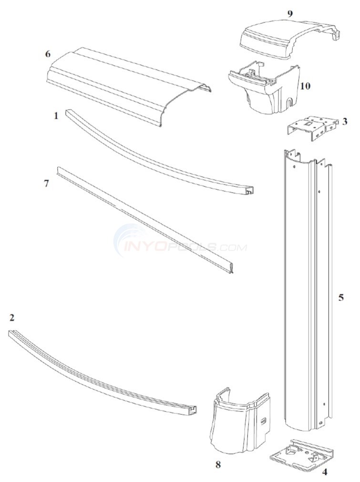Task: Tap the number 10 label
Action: click(305, 86)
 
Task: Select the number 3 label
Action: click(344, 122)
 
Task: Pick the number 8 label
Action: click(218, 463)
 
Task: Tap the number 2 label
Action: click(11, 317)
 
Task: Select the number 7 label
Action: click(46, 183)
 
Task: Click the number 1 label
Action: click(56, 115)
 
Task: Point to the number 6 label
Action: click(47, 54)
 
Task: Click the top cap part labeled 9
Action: click(286, 38)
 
